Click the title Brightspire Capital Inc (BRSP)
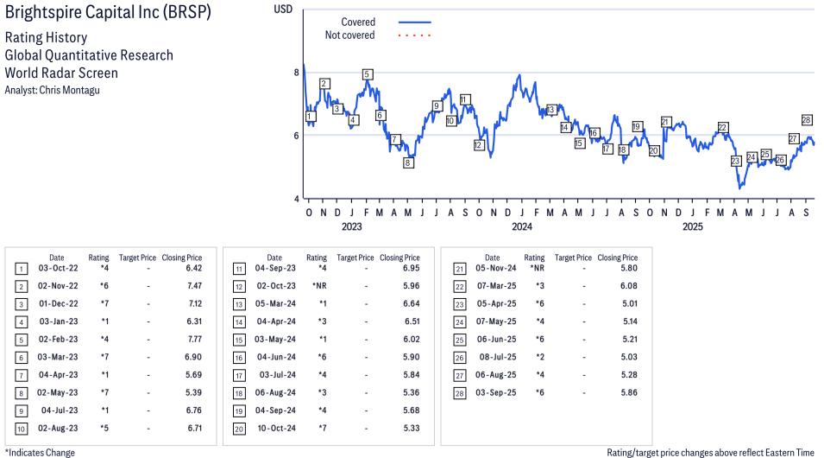pos(108,15)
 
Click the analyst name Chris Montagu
pos(53,90)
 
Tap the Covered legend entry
pos(357,22)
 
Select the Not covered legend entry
pos(349,35)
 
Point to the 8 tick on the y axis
pos(296,73)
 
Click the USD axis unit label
pos(283,9)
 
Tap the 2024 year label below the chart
pos(521,227)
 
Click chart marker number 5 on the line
pos(368,74)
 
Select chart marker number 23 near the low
pos(735,162)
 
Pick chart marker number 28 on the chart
pos(807,120)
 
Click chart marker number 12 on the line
pos(479,145)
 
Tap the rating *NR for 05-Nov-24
pos(535,269)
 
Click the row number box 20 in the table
pos(239,429)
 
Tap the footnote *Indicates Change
pos(41,452)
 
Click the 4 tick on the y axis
pos(296,199)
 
